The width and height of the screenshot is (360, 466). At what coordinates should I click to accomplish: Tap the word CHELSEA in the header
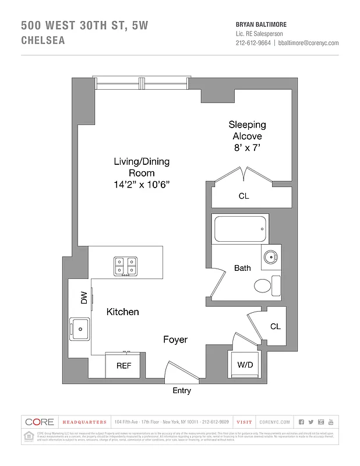click(x=43, y=41)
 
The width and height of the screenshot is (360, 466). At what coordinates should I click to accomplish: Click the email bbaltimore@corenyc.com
click(x=308, y=43)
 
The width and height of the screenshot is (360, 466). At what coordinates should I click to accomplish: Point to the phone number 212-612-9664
click(x=253, y=43)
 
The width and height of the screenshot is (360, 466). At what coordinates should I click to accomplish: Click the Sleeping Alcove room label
click(x=247, y=130)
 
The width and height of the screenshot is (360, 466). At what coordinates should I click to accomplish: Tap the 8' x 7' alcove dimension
click(x=247, y=147)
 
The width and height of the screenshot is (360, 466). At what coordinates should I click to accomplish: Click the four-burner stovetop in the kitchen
click(x=126, y=266)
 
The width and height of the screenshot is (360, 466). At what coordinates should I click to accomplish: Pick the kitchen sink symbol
click(x=79, y=329)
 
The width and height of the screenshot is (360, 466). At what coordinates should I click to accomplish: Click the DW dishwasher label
click(x=84, y=298)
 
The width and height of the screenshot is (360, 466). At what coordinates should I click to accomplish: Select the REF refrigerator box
click(x=123, y=366)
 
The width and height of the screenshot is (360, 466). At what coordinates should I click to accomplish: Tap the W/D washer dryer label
click(x=244, y=365)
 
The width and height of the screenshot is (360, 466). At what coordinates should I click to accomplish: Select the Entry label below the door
click(x=182, y=391)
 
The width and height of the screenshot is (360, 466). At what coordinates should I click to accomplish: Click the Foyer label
click(x=175, y=339)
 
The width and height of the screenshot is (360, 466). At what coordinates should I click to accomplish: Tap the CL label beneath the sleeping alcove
click(x=243, y=196)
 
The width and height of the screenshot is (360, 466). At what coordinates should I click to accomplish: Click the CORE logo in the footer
click(x=39, y=422)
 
